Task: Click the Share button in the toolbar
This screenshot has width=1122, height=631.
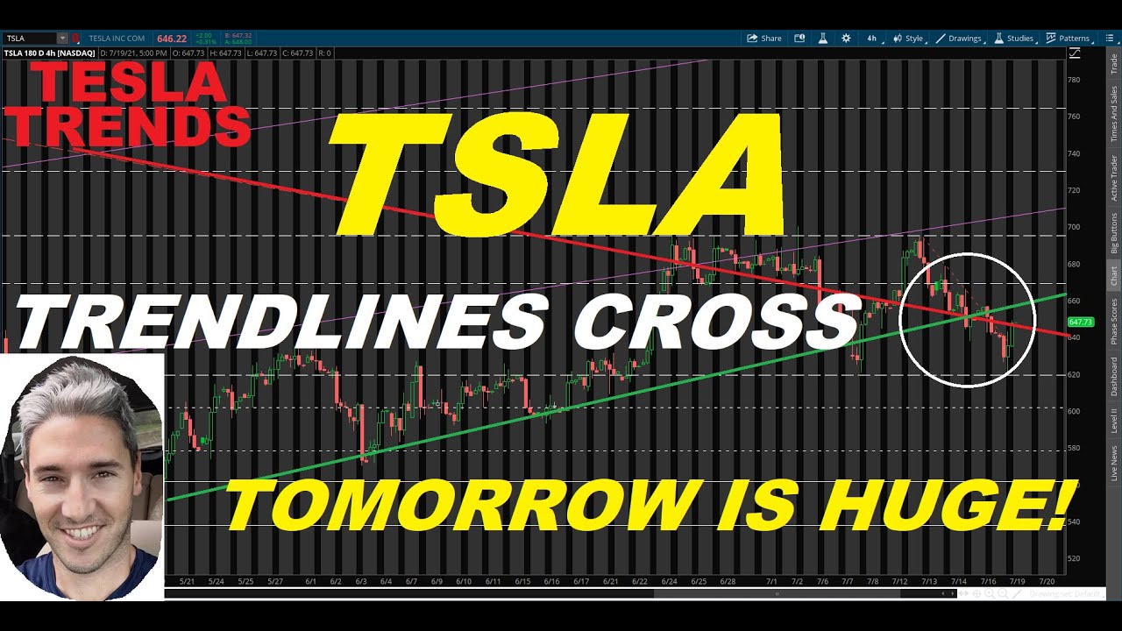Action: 763,39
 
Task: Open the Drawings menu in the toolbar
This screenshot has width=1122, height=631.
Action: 959,39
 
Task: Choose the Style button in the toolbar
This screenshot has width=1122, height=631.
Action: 909,39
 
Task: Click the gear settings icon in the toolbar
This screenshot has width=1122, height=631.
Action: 846,39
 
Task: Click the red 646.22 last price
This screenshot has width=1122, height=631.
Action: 171,39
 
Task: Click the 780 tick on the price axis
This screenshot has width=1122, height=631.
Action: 1073,80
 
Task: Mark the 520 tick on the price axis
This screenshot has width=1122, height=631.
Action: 1073,558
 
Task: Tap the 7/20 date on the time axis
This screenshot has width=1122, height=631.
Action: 1046,581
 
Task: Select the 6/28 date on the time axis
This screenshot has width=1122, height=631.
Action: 727,581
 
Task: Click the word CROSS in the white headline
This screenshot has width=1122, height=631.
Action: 714,321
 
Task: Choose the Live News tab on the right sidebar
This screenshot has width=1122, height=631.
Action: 1114,463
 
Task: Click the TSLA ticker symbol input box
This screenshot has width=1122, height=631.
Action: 31,39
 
